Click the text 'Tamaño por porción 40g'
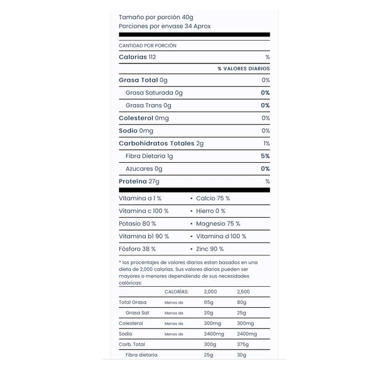tap(156, 17)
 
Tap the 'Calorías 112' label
tap(137, 57)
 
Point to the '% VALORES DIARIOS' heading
tap(243, 68)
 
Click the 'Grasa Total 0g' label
tap(143, 80)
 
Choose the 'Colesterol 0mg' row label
tap(143, 118)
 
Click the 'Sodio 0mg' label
tap(136, 131)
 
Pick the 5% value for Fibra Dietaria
tap(266, 156)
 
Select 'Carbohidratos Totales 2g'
tap(161, 144)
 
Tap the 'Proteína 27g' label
tap(139, 181)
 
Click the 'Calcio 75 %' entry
tap(213, 198)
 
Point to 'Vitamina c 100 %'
tap(143, 211)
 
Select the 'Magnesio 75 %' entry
tap(218, 223)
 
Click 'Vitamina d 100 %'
tap(221, 236)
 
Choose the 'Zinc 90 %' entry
tap(210, 249)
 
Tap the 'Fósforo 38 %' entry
tap(137, 249)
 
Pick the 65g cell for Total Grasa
tap(208, 302)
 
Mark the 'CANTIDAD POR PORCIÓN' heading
tap(148, 46)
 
